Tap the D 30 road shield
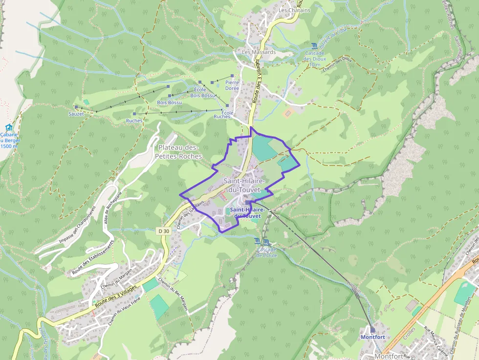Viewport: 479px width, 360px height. [164, 230]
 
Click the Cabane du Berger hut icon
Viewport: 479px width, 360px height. [8, 127]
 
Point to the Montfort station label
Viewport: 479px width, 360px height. [372, 337]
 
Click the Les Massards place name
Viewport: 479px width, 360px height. [259, 52]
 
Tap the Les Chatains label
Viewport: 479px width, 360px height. [294, 10]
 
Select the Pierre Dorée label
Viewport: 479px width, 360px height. [232, 85]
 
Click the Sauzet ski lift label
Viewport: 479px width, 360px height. [76, 114]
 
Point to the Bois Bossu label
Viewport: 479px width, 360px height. [169, 103]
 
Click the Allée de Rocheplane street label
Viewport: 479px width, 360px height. [112, 205]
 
